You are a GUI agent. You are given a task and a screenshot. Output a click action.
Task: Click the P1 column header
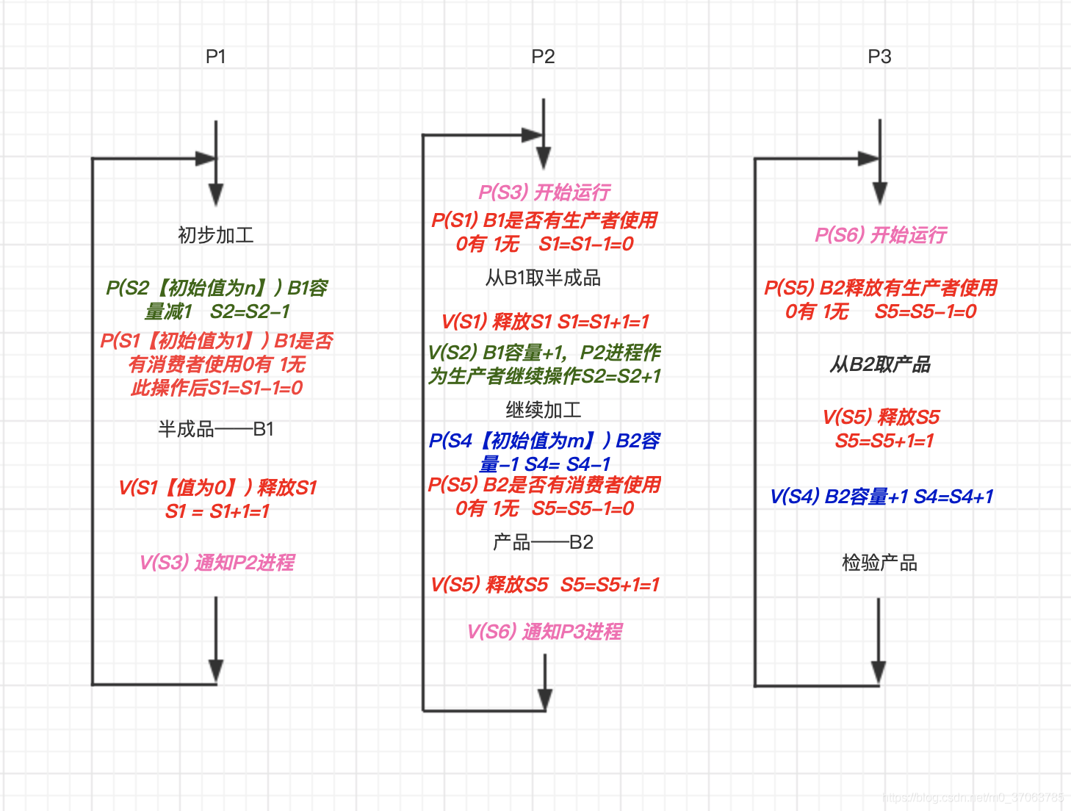coord(215,57)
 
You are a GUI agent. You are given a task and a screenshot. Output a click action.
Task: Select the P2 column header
coord(543,57)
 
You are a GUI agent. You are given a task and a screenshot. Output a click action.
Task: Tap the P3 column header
coord(879,57)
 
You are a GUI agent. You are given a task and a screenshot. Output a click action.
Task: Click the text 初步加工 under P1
coord(215,235)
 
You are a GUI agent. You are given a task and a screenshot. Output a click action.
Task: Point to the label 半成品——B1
coord(216,429)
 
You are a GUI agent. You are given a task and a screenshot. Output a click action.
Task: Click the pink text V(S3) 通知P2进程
coord(217,563)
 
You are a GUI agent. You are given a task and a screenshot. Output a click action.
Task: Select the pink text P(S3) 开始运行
coord(544,192)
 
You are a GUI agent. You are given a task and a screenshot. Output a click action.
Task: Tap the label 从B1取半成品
coord(543,278)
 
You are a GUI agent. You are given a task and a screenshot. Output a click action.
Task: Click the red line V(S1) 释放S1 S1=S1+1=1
coord(545,322)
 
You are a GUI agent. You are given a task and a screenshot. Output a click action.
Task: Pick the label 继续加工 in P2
coord(543,410)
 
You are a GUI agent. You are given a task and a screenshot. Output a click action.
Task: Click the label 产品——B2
coord(543,542)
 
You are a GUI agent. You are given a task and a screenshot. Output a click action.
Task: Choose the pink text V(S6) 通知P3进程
coord(544,632)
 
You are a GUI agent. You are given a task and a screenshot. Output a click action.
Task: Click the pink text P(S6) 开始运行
coord(880,235)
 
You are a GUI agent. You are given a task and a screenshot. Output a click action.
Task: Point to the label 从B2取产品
coord(880,364)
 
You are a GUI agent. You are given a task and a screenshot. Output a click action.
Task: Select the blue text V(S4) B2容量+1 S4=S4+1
coord(881,497)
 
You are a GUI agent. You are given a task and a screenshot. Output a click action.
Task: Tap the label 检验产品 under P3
coord(879,563)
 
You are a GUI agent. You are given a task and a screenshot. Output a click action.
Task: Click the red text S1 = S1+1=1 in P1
coord(217,511)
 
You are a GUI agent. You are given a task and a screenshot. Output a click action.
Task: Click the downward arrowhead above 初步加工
coord(216,195)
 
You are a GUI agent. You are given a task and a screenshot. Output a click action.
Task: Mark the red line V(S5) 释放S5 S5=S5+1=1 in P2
coord(545,585)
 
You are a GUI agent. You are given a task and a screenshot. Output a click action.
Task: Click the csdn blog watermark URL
coord(973,797)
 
